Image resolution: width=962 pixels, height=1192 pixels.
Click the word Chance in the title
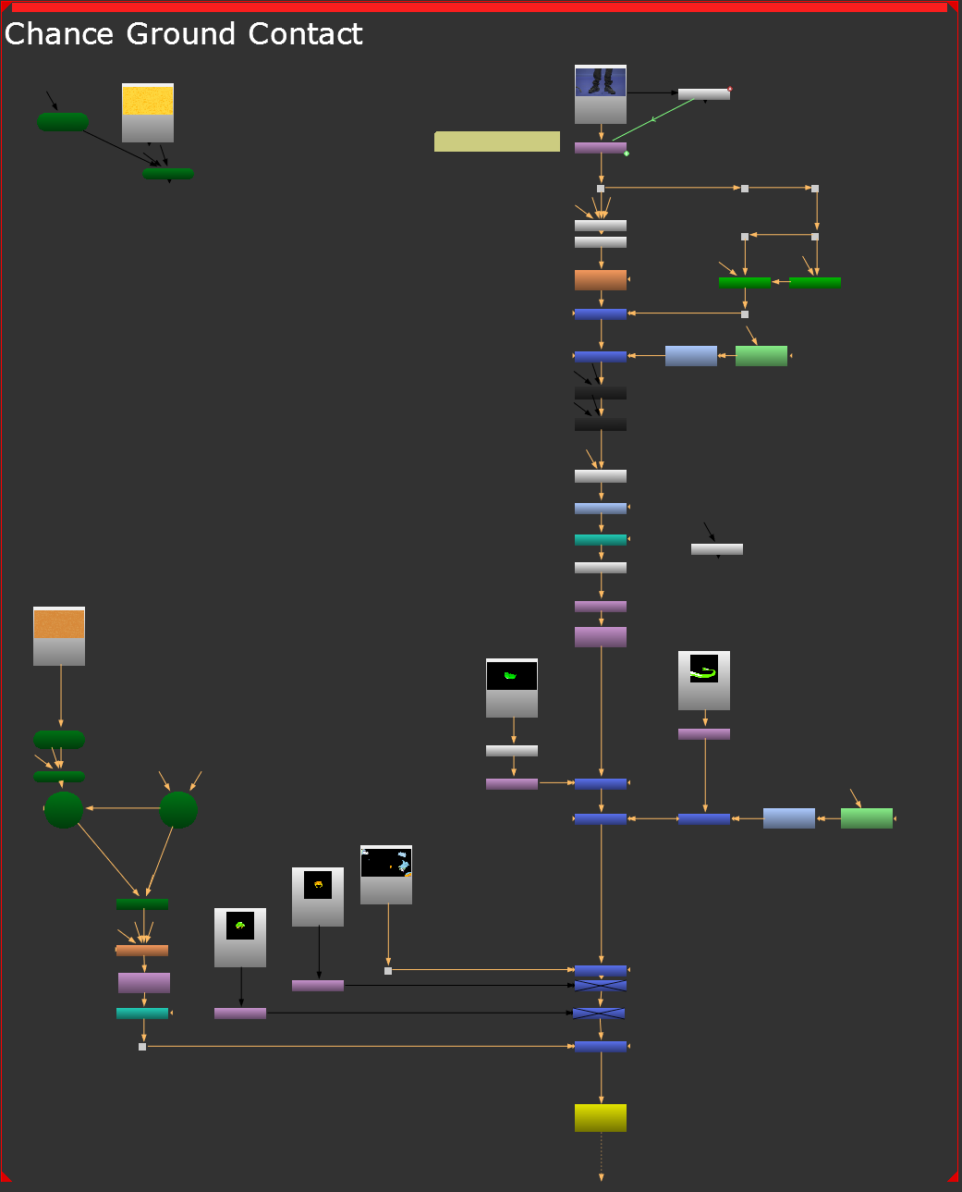(x=59, y=34)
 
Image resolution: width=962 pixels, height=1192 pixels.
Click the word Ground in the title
(x=181, y=34)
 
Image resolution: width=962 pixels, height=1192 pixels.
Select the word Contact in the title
(x=305, y=34)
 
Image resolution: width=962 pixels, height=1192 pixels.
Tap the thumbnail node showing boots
(x=601, y=93)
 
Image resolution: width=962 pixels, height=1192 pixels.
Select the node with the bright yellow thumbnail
(x=148, y=112)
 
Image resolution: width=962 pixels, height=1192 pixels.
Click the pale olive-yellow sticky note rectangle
(x=497, y=141)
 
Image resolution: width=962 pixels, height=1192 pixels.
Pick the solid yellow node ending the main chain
(x=601, y=1117)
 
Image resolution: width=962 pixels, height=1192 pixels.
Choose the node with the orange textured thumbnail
(x=59, y=635)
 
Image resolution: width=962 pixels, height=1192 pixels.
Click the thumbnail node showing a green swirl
(x=704, y=680)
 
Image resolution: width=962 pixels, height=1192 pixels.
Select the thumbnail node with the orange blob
(x=318, y=896)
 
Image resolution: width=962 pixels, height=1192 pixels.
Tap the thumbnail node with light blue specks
(x=386, y=874)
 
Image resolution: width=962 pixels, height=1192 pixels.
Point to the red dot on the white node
(x=730, y=89)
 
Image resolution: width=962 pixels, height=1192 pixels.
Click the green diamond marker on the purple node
(x=627, y=154)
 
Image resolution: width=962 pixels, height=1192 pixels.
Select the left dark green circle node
(x=64, y=809)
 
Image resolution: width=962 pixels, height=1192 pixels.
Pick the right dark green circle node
(x=178, y=809)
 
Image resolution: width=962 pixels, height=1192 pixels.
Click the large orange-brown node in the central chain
(x=601, y=279)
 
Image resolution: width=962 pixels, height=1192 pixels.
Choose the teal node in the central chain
(x=601, y=539)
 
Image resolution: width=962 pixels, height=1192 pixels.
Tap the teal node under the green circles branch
(x=142, y=1013)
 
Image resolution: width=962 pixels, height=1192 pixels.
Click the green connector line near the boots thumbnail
(x=653, y=119)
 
